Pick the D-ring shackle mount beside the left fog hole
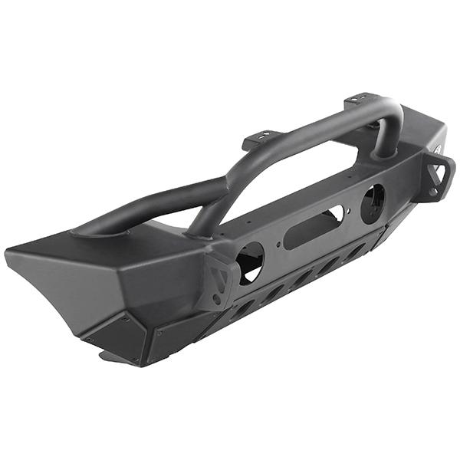219,280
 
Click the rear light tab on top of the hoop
360,99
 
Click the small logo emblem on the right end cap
439,149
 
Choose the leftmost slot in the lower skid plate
243,308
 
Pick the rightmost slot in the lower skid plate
357,251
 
